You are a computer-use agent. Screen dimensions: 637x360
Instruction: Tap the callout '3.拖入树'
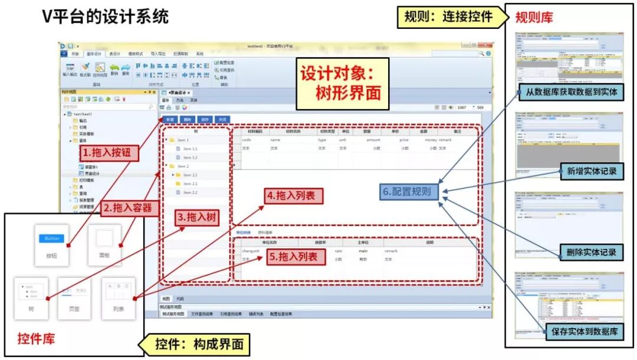pos(197,218)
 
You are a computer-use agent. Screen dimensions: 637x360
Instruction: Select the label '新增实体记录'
pos(592,171)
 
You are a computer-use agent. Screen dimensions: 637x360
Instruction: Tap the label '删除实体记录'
pos(591,253)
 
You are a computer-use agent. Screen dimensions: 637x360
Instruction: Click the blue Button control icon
pos(52,238)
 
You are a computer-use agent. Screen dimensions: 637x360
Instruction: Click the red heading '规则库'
pos(534,17)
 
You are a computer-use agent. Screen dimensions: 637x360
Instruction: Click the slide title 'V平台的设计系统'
pos(105,16)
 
